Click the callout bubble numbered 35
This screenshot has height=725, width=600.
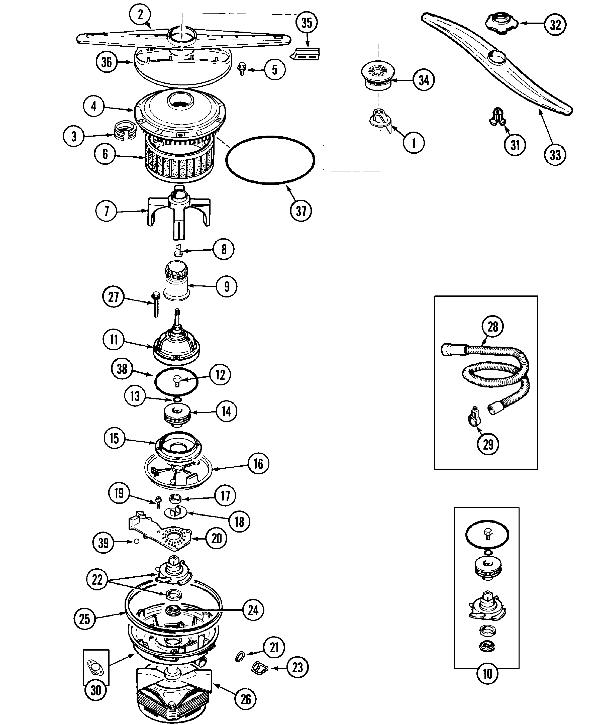point(307,23)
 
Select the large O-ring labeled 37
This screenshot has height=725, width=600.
point(270,160)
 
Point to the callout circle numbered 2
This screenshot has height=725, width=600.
point(140,15)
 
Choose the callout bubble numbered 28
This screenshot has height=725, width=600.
point(493,326)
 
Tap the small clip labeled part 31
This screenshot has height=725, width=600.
point(497,117)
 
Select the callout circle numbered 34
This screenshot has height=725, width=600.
point(424,80)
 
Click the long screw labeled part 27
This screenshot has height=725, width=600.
point(155,304)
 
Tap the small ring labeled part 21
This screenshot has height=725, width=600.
point(241,656)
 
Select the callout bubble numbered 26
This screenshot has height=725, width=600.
point(245,699)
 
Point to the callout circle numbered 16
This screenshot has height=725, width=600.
point(258,464)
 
